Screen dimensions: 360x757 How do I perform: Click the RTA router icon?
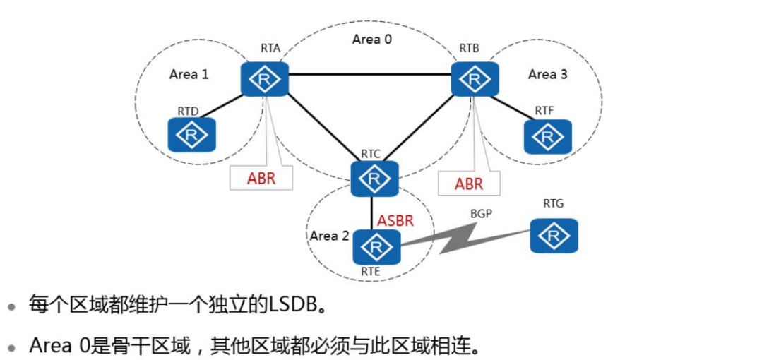pos(264,79)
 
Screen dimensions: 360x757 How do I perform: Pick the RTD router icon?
pos(191,134)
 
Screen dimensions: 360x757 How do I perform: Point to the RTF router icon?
pos(547,136)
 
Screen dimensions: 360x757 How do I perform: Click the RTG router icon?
pos(554,236)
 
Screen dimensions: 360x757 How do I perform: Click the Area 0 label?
pos(371,40)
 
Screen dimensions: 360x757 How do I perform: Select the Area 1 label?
pos(189,74)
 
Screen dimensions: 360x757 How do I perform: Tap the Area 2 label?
pos(329,236)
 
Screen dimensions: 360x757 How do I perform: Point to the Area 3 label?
pos(547,74)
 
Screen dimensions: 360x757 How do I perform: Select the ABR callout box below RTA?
pos(261,179)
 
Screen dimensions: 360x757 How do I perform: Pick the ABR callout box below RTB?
pos(468,184)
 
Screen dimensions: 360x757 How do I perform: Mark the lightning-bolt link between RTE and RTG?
pos(466,237)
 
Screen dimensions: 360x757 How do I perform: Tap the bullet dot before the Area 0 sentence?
pos(11,347)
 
